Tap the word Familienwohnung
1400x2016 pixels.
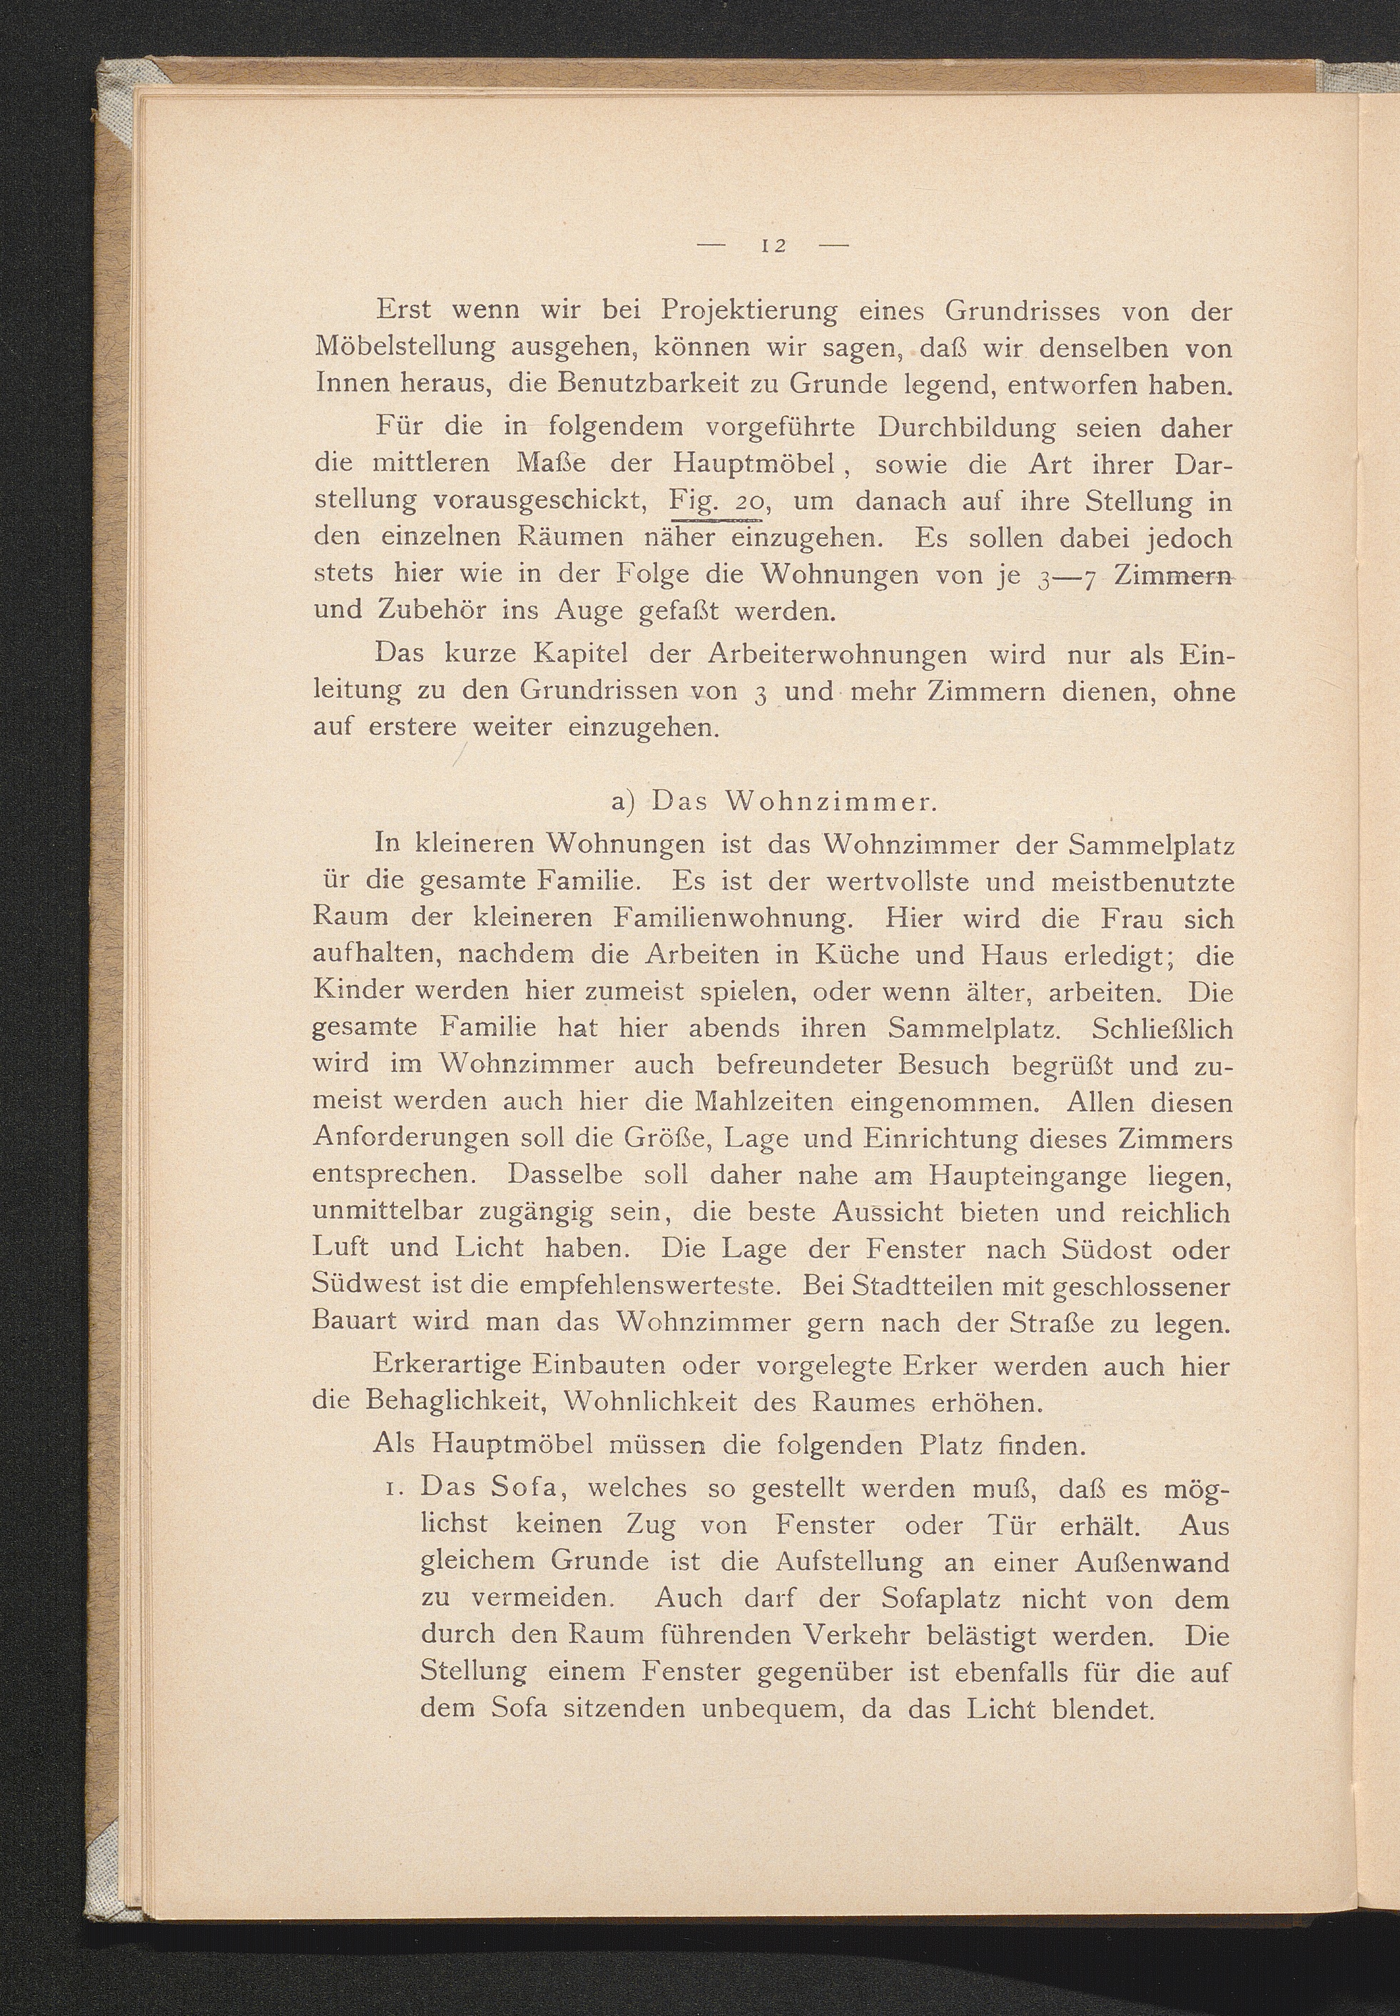coord(731,918)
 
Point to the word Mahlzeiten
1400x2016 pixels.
coord(769,1101)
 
